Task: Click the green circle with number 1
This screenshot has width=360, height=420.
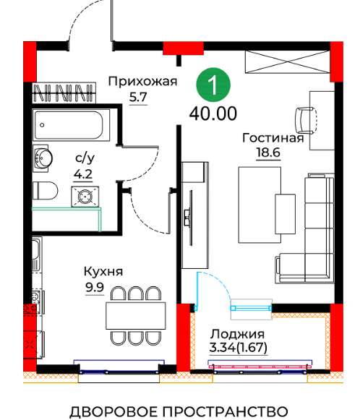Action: point(213,85)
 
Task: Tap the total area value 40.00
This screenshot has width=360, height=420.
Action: point(213,113)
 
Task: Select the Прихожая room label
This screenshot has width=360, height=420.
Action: point(142,82)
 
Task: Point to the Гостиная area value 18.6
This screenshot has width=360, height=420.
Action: point(268,153)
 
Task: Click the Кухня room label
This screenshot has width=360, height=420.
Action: point(103,272)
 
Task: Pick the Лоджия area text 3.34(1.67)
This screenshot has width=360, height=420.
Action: point(238,348)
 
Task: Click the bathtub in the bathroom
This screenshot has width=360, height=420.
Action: point(72,125)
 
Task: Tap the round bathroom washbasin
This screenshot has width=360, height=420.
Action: point(43,158)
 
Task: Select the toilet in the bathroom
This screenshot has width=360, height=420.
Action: point(45,191)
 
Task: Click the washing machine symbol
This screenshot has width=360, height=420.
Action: point(85,197)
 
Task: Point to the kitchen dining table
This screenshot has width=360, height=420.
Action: point(136,316)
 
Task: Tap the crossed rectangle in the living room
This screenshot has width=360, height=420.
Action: point(288,62)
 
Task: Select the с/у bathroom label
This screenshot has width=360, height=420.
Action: point(85,158)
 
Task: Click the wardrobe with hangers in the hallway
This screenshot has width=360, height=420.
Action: point(64,93)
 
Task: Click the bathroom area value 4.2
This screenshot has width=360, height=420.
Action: point(83,174)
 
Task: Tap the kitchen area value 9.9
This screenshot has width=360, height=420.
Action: point(95,288)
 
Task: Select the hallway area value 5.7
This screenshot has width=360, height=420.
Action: point(138,98)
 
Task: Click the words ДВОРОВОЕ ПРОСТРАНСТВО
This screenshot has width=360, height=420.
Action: point(179,411)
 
